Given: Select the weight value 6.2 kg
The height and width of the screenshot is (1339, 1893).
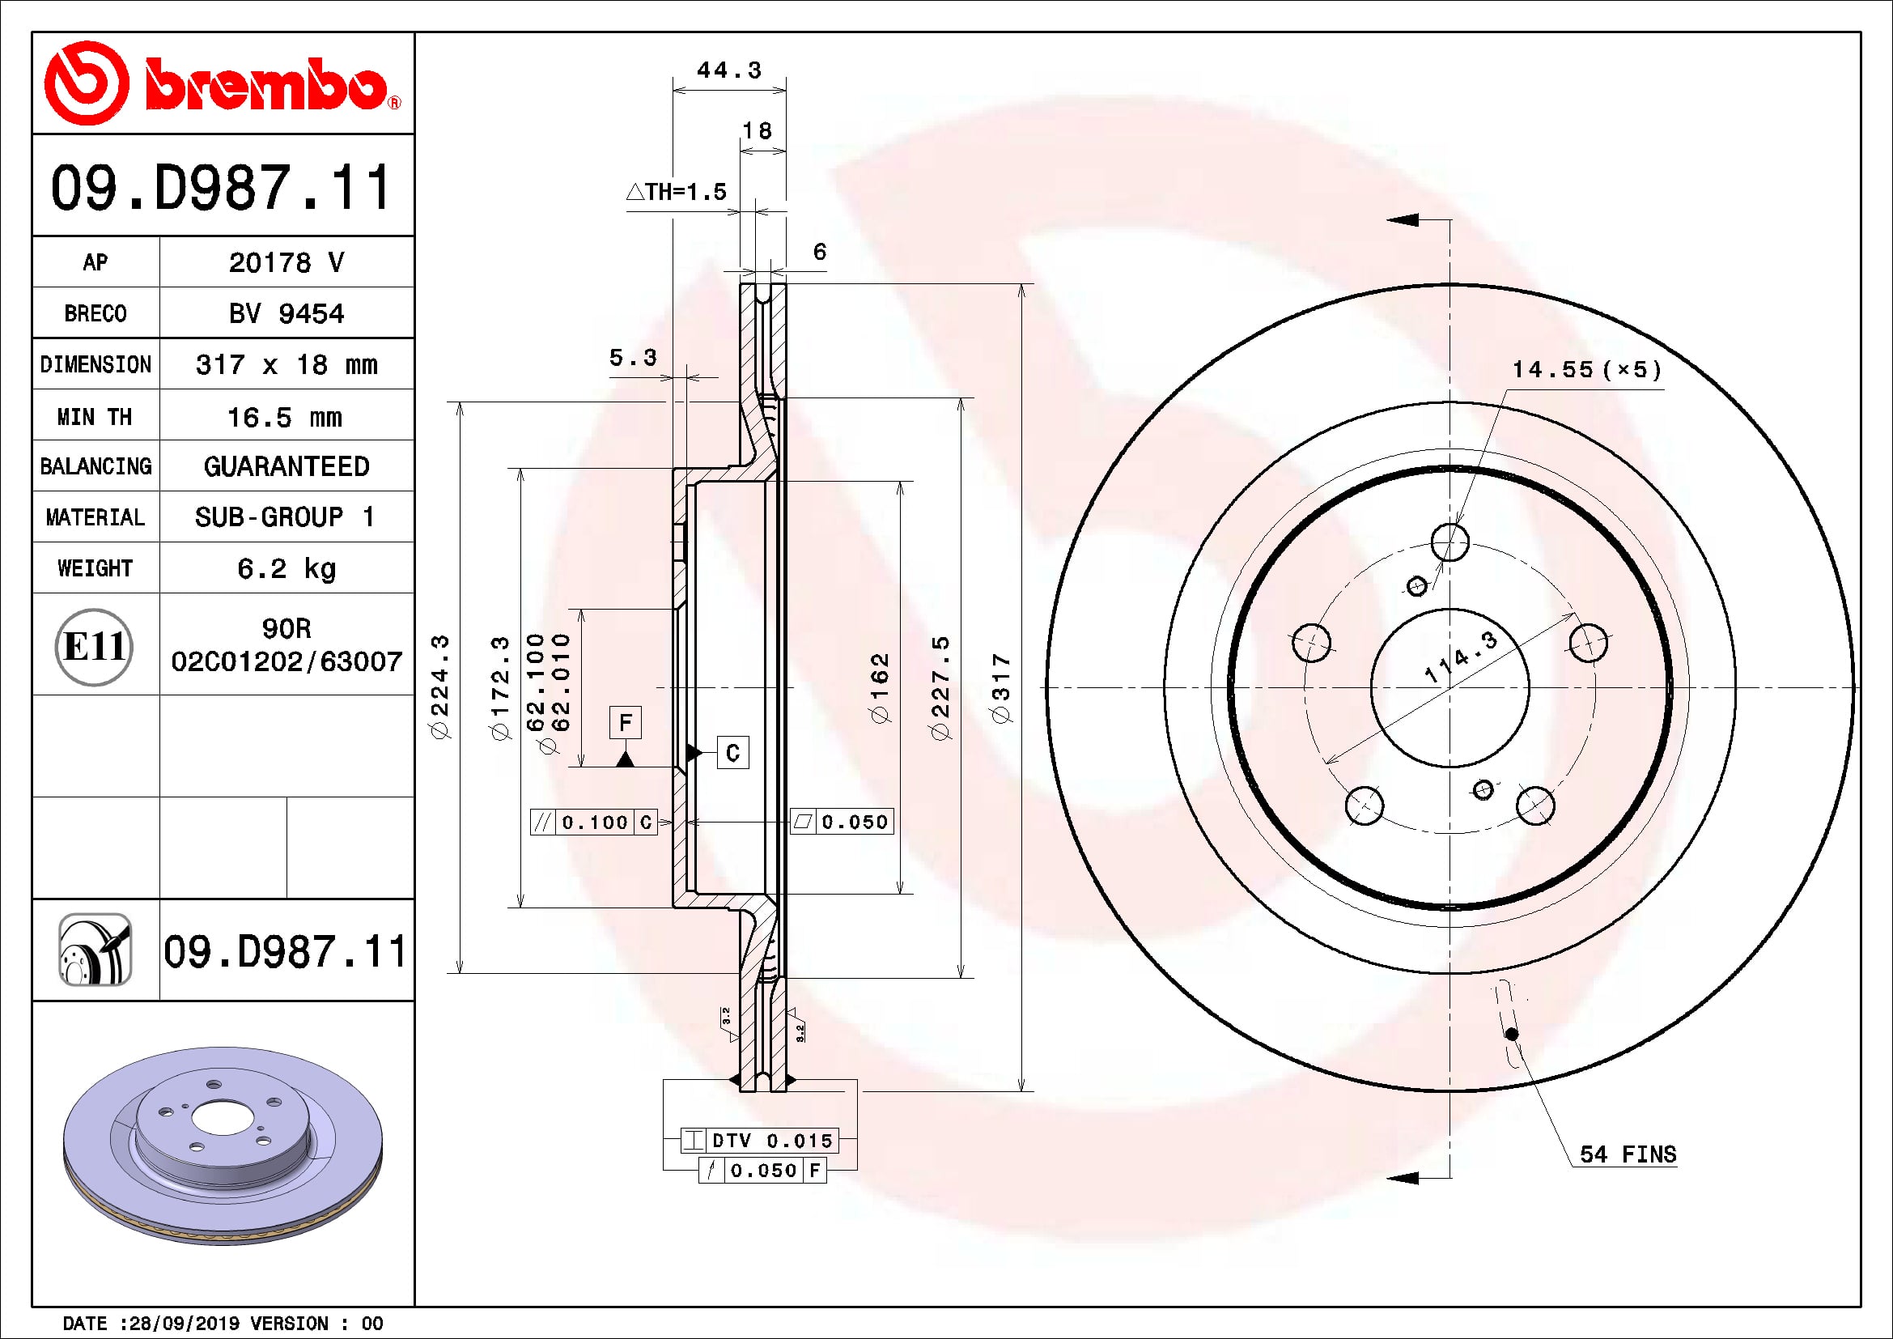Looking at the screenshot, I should pyautogui.click(x=286, y=568).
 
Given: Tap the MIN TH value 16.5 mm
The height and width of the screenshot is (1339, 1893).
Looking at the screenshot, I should pyautogui.click(x=284, y=417).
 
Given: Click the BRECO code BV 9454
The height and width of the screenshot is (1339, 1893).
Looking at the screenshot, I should pyautogui.click(x=286, y=313).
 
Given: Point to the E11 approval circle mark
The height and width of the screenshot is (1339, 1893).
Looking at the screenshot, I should pyautogui.click(x=94, y=646).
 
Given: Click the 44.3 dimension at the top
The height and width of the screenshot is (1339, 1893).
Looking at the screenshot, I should pyautogui.click(x=729, y=71).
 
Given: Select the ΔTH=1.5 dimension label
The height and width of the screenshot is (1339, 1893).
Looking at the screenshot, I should pyautogui.click(x=677, y=192).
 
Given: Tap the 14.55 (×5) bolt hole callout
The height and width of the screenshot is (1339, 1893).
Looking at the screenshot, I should pyautogui.click(x=1586, y=369).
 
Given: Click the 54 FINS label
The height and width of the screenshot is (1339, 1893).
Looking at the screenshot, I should pyautogui.click(x=1628, y=1154).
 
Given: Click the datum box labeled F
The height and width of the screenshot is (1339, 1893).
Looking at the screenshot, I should pyautogui.click(x=625, y=723).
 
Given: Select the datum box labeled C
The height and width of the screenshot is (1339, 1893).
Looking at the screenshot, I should pyautogui.click(x=732, y=753).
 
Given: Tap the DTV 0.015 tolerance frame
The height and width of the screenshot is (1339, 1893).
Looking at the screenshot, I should pyautogui.click(x=760, y=1141).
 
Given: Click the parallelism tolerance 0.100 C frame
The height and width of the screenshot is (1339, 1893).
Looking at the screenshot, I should pyautogui.click(x=593, y=822).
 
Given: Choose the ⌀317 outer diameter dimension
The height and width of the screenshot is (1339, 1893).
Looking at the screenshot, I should pyautogui.click(x=1001, y=688).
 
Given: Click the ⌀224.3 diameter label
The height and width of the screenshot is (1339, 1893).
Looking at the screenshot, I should pyautogui.click(x=440, y=687).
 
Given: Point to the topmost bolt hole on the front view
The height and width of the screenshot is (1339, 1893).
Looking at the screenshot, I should pyautogui.click(x=1449, y=542).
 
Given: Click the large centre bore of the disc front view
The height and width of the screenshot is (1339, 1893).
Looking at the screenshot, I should pyautogui.click(x=1449, y=687).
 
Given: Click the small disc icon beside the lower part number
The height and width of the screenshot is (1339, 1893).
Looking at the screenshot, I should pyautogui.click(x=95, y=950).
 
